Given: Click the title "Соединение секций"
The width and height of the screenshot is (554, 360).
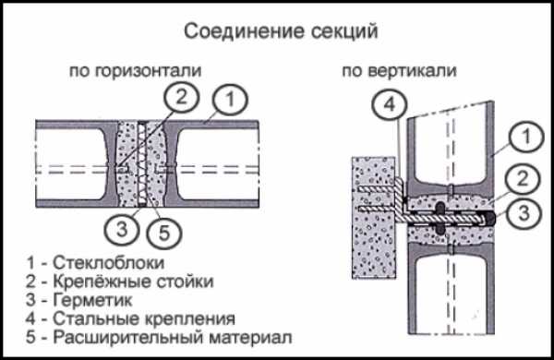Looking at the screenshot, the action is [281, 31].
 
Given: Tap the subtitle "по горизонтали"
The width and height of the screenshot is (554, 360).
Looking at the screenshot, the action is [136, 71].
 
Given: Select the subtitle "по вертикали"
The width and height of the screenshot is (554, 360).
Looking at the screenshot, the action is [399, 71].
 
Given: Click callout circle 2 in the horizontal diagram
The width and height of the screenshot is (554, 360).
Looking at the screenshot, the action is [181, 97].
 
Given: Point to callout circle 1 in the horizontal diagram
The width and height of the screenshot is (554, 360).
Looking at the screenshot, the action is [230, 100].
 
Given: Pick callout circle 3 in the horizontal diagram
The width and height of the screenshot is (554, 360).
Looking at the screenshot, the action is [122, 229].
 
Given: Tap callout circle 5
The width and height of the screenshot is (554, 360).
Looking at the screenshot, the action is [164, 233].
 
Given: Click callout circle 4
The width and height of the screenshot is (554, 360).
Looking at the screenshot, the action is [389, 104].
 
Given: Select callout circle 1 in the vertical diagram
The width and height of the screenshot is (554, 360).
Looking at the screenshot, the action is [526, 137].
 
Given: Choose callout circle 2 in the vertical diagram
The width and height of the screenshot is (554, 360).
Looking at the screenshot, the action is [523, 179].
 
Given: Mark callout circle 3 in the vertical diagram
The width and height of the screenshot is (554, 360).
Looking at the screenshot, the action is [524, 213].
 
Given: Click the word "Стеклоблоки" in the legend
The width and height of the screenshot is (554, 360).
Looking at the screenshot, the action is [108, 263].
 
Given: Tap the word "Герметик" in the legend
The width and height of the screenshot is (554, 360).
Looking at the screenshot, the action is [92, 300].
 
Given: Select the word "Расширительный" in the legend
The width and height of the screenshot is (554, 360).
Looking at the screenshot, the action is [128, 338].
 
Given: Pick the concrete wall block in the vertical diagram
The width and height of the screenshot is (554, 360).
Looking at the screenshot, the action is [373, 218].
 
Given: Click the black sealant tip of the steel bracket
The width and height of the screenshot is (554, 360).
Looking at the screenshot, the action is [489, 219].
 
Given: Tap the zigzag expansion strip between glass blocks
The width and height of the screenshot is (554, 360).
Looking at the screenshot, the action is [141, 163].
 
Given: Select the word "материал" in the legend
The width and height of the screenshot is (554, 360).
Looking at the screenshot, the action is [250, 338].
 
